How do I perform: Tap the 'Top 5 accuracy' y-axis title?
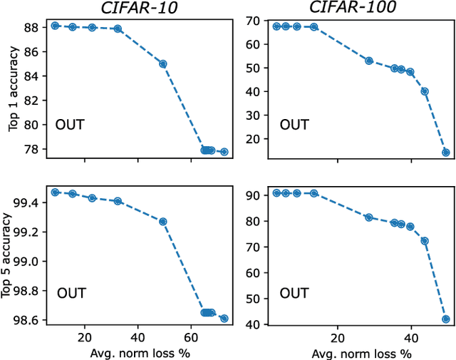pyautogui.click(x=13, y=257)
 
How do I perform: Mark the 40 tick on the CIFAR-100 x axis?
pyautogui.click(x=411, y=337)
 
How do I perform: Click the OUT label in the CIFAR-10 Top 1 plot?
pyautogui.click(x=70, y=125)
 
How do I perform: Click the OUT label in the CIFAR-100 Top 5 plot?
pyautogui.click(x=294, y=293)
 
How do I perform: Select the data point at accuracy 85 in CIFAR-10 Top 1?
pyautogui.click(x=162, y=63)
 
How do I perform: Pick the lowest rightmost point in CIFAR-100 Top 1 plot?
pyautogui.click(x=446, y=152)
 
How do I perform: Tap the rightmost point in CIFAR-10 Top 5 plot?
pyautogui.click(x=224, y=319)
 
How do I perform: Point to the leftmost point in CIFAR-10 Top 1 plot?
pyautogui.click(x=55, y=26)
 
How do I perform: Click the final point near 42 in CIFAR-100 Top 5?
pyautogui.click(x=446, y=319)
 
